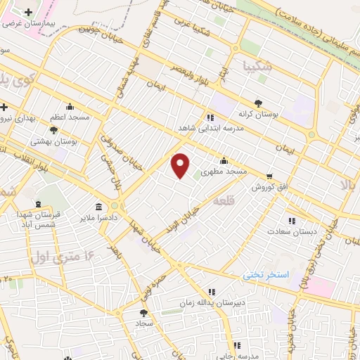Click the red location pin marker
(x=181, y=165)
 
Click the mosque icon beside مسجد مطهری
(x=224, y=160)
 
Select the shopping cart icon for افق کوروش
(x=269, y=176)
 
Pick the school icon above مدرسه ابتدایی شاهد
(x=210, y=117)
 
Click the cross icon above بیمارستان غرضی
(x=28, y=13)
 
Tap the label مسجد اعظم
(x=69, y=117)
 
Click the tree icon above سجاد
(x=143, y=313)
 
